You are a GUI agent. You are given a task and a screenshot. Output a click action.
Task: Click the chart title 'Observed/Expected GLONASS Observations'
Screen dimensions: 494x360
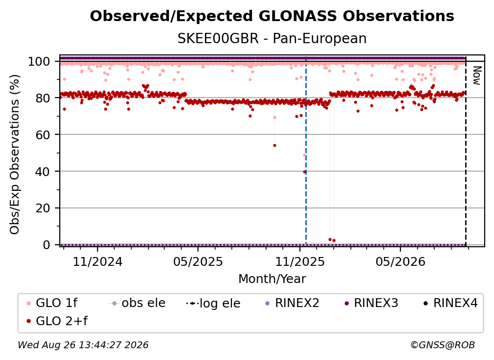coord(272,16)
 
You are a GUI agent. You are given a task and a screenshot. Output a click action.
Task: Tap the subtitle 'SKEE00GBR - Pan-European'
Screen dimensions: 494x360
coord(272,39)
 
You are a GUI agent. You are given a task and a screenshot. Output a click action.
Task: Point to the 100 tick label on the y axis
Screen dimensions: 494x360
coord(39,61)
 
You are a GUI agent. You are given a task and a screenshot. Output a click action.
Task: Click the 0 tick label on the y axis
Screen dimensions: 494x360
coord(46,245)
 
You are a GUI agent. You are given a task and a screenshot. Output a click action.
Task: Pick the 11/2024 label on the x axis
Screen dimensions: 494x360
coord(98,261)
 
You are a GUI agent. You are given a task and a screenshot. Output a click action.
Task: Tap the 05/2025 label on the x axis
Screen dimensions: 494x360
coord(198,261)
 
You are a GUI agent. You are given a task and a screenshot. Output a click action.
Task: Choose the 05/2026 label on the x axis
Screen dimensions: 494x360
coord(400,261)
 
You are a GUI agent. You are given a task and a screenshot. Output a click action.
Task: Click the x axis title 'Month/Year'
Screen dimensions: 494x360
coord(272,279)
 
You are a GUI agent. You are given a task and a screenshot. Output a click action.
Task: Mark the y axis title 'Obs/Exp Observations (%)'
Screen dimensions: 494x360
coord(15,154)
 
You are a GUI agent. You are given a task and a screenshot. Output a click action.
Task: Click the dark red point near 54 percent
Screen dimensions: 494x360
coord(274,145)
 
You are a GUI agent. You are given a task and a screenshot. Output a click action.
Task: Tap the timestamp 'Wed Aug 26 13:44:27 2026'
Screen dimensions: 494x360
coord(83,345)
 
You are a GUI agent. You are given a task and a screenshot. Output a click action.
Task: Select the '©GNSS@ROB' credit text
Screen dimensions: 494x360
coord(443,345)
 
